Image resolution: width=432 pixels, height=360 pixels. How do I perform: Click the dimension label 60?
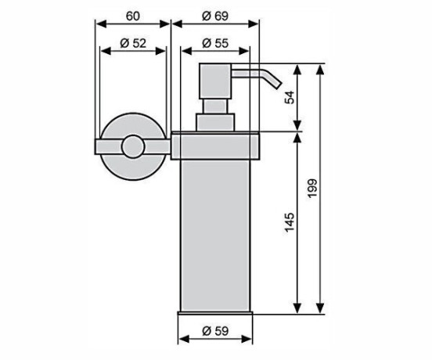tap(133, 16)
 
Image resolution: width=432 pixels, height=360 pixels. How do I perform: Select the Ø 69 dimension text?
tap(215, 16)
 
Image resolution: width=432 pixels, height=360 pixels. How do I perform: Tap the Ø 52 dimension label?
tap(133, 43)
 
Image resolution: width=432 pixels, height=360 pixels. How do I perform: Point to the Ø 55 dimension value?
tap(215, 43)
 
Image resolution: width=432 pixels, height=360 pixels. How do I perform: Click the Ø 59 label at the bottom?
tap(215, 331)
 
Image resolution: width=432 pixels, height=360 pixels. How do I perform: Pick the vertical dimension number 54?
tap(290, 97)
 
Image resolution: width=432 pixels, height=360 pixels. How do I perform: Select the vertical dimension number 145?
tap(290, 222)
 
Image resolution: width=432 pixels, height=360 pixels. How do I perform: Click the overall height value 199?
tap(313, 188)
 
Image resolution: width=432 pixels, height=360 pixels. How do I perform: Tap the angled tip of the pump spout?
tap(278, 85)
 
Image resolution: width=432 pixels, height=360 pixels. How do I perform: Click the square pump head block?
tap(215, 81)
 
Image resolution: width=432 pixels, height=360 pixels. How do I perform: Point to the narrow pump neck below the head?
tap(215, 106)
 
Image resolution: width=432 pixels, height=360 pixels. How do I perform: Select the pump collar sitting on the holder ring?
tap(215, 122)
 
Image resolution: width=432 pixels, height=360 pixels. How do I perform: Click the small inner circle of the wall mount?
tap(133, 147)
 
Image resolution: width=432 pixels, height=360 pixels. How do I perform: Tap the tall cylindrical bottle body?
tap(215, 236)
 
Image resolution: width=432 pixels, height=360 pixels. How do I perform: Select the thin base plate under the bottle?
tap(215, 313)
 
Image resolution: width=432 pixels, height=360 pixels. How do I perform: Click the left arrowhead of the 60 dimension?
tap(100, 24)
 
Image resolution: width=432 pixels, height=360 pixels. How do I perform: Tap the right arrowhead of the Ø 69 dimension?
tap(254, 24)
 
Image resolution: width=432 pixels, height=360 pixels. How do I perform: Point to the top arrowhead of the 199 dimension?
tap(319, 70)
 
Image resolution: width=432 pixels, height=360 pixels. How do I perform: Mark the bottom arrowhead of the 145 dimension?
tap(297, 308)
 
